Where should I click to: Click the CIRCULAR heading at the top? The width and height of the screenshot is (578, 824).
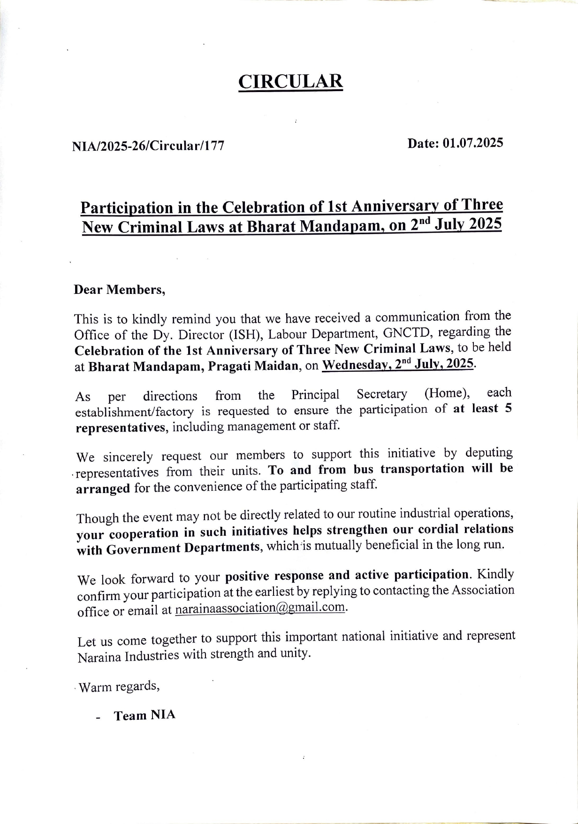pyautogui.click(x=290, y=81)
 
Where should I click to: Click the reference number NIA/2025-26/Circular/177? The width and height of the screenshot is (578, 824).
pyautogui.click(x=148, y=146)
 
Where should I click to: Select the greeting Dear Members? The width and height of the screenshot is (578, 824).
pyautogui.click(x=119, y=290)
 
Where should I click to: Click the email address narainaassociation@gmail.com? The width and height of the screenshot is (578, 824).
pyautogui.click(x=260, y=608)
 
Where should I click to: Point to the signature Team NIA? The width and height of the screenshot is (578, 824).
pyautogui.click(x=144, y=716)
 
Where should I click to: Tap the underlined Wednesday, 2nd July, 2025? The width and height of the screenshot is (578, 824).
pyautogui.click(x=398, y=364)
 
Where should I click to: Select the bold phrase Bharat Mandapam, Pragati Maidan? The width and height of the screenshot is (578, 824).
pyautogui.click(x=193, y=366)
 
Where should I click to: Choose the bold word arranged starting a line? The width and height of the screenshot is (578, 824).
pyautogui.click(x=103, y=489)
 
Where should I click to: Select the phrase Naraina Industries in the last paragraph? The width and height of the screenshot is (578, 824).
pyautogui.click(x=128, y=656)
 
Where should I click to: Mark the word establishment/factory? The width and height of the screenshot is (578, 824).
pyautogui.click(x=134, y=412)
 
